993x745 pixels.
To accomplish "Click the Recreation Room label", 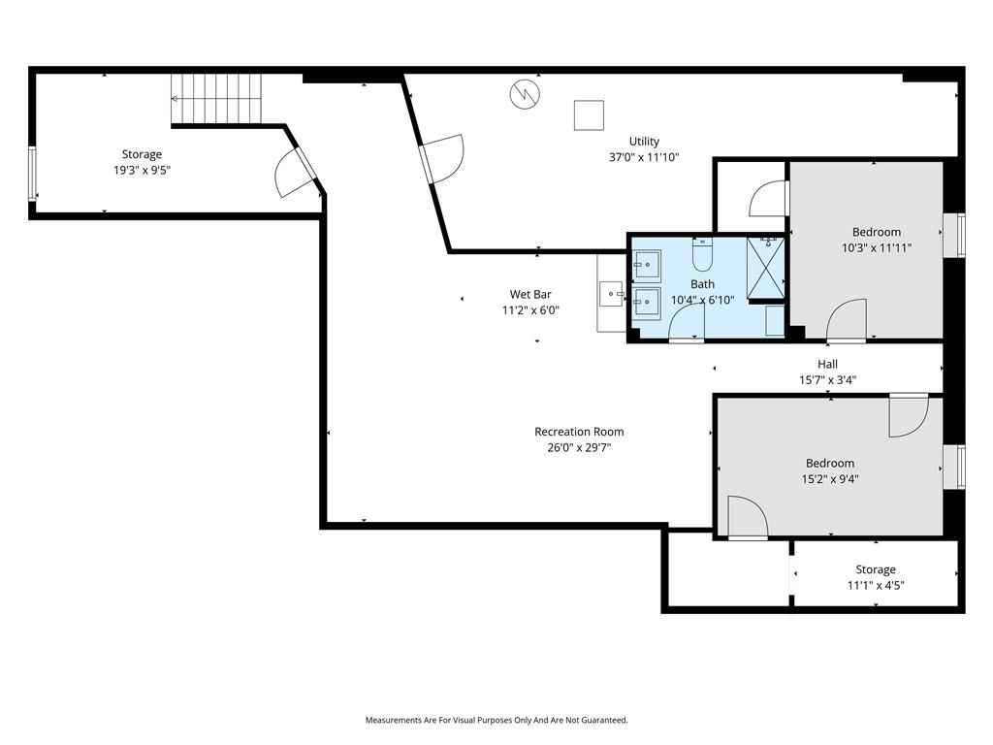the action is pos(579,432).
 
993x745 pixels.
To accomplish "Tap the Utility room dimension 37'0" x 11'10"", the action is pos(644,157).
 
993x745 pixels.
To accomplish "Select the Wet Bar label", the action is pos(530,294).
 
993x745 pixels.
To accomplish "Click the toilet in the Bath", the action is pos(702,255).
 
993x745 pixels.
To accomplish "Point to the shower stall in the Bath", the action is pos(765,268).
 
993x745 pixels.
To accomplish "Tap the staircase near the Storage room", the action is pos(216,99).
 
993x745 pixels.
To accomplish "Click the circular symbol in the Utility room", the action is pos(525,94).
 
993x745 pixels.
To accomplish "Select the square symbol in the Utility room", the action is pos(589,115).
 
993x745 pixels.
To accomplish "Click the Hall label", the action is pos(827,364).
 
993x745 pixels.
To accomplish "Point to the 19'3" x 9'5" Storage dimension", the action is pos(142,170).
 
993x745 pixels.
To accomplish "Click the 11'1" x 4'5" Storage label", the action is pos(876,568).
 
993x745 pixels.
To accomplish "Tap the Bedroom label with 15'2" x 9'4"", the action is pos(830,463).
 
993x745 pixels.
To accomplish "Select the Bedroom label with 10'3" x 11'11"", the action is pos(876,232).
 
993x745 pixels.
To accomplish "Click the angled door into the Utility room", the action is pos(443,158).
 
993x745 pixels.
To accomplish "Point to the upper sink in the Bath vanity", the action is pos(647,265).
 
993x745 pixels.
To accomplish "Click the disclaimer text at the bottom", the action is pos(496,720).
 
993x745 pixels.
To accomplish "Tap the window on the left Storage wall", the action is pos(32,174).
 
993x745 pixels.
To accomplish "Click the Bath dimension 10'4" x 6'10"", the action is pos(702,301).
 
